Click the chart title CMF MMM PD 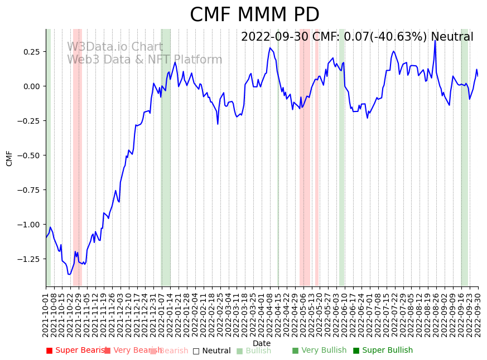(254, 15)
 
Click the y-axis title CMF (9, 158)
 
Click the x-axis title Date (262, 344)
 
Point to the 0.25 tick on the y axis (32, 52)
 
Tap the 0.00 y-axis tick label (32, 86)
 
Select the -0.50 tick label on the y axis (31, 155)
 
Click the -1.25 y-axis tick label (31, 259)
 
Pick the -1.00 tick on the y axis (31, 225)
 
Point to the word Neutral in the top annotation (452, 37)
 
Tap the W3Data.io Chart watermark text (115, 47)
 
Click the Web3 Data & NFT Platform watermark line (144, 60)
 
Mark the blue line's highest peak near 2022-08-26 (435, 41)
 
